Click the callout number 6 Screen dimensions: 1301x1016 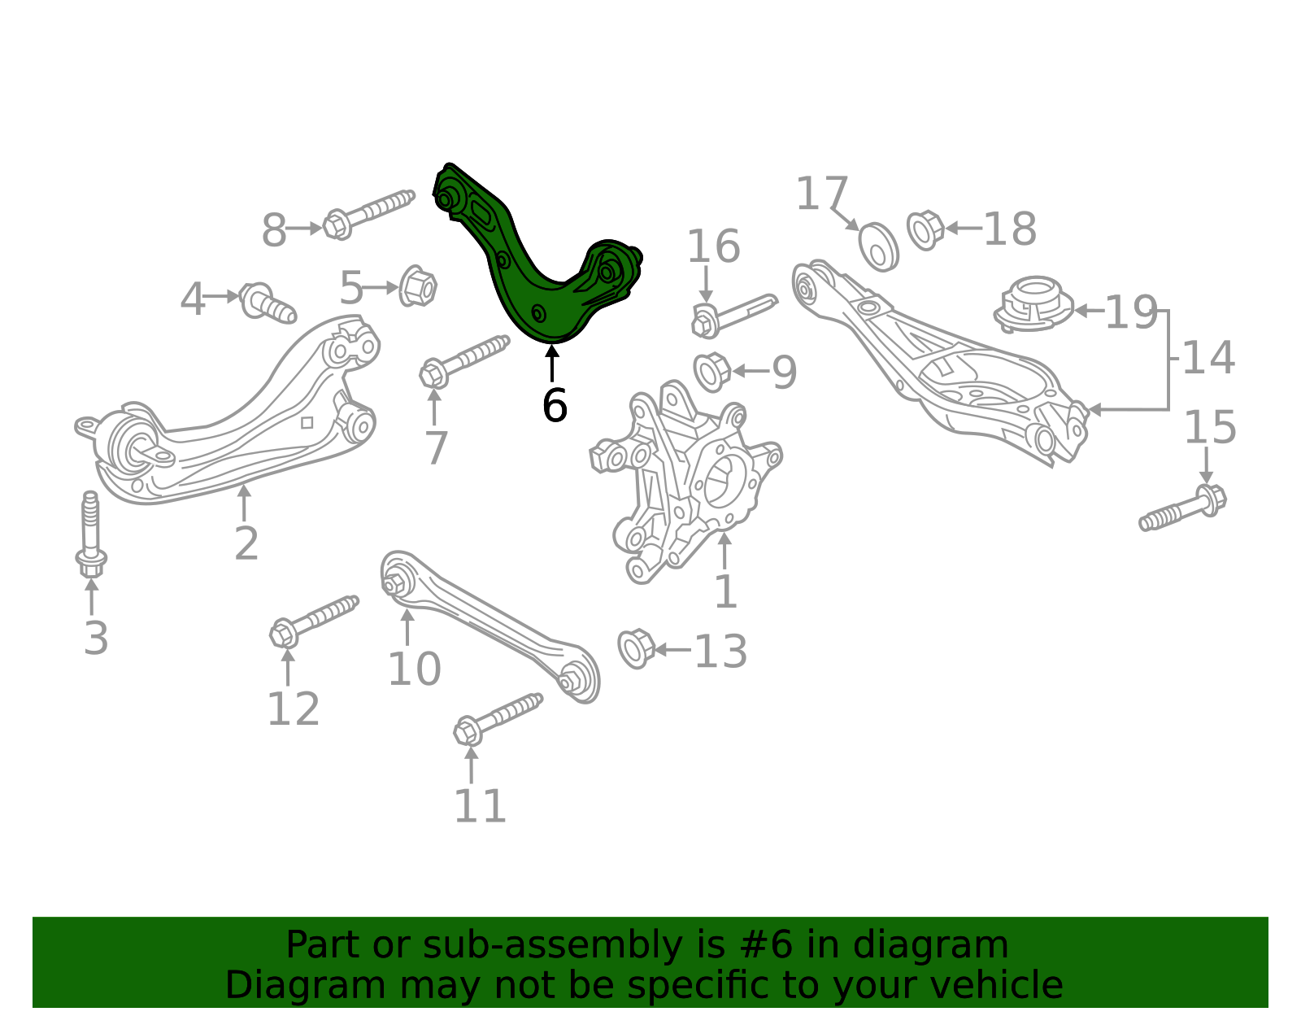tap(555, 406)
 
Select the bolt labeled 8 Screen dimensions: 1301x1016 tap(368, 215)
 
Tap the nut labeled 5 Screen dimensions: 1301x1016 tap(418, 286)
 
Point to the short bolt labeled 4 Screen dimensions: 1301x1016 tap(268, 303)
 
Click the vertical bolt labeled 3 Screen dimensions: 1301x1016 tap(91, 534)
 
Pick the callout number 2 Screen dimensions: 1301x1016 tap(246, 543)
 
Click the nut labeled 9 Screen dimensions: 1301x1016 tap(711, 373)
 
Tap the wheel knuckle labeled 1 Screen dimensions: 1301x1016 tap(685, 479)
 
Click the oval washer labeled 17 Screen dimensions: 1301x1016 tap(878, 246)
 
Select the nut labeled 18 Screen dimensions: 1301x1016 tap(925, 230)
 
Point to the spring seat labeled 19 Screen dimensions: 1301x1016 tap(1033, 304)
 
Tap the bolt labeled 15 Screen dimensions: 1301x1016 tap(1182, 508)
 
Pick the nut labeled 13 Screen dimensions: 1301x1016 tap(636, 649)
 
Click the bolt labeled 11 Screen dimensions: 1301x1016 tap(498, 720)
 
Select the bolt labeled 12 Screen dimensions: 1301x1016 tap(315, 622)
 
